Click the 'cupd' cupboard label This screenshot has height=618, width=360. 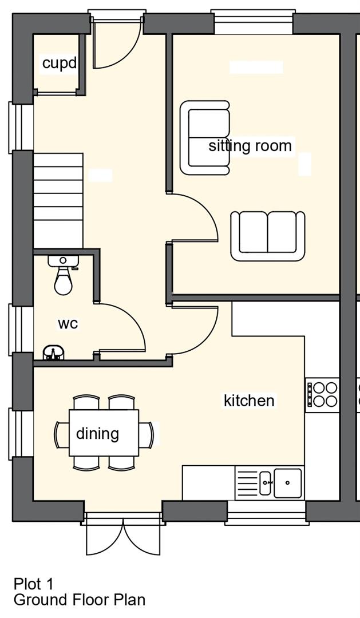(59, 63)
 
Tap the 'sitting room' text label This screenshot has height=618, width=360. (250, 146)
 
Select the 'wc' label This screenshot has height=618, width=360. (68, 323)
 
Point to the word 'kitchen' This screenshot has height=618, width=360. (249, 401)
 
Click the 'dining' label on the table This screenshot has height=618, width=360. (97, 434)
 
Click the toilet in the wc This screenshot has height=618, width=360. (63, 275)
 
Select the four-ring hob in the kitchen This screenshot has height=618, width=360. (322, 395)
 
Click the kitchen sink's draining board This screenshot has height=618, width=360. (247, 482)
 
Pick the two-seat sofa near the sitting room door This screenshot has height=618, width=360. (268, 236)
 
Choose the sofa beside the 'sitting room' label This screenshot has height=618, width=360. (205, 137)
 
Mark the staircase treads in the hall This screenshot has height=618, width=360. (58, 201)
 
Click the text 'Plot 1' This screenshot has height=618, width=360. (34, 583)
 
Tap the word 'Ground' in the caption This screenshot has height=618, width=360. (39, 600)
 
